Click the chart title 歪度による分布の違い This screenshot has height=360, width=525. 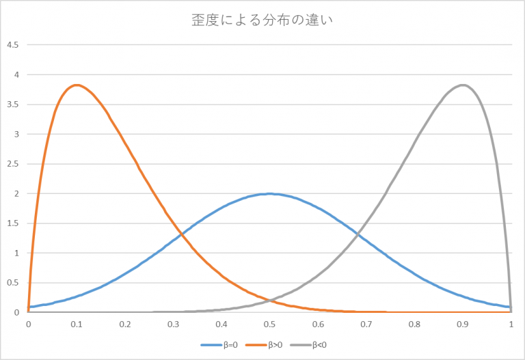pyautogui.click(x=262, y=20)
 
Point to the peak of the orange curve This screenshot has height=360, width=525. pyautogui.click(x=77, y=85)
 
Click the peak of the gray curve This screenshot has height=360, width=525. pyautogui.click(x=463, y=85)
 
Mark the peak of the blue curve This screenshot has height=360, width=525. pyautogui.click(x=270, y=193)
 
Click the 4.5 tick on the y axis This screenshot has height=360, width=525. pyautogui.click(x=12, y=45)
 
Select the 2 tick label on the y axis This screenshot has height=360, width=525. pyautogui.click(x=16, y=194)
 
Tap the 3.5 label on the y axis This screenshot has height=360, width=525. pyautogui.click(x=12, y=105)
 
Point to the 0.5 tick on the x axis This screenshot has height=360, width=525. pyautogui.click(x=270, y=325)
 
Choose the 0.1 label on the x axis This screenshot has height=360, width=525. pyautogui.click(x=77, y=325)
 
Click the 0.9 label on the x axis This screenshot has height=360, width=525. pyautogui.click(x=463, y=325)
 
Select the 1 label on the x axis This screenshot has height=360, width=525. pyautogui.click(x=511, y=325)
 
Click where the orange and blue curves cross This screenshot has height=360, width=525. pyautogui.click(x=182, y=236)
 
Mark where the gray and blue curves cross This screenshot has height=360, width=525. pyautogui.click(x=358, y=236)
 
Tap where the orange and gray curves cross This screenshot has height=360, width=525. pyautogui.click(x=270, y=301)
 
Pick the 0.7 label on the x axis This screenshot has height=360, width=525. pyautogui.click(x=366, y=325)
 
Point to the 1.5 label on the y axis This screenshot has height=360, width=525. pyautogui.click(x=12, y=223)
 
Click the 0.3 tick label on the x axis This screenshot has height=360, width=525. pyautogui.click(x=173, y=325)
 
